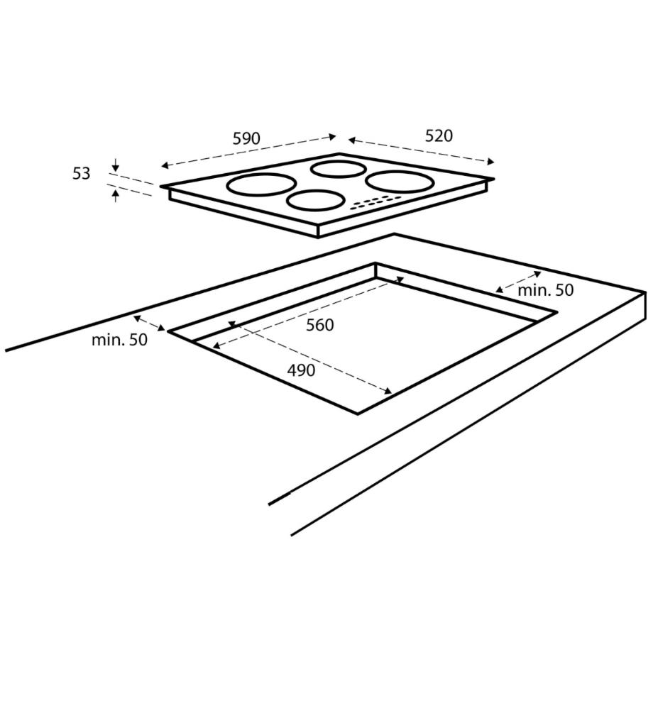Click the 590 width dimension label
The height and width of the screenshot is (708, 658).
click(246, 138)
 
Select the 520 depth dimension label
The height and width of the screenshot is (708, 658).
click(439, 135)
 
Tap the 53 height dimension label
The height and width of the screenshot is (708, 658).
click(82, 173)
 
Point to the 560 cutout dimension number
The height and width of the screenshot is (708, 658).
click(319, 325)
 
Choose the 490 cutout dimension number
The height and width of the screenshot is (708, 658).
click(301, 370)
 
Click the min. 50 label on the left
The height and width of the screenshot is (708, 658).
click(119, 340)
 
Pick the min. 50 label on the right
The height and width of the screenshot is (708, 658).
click(545, 290)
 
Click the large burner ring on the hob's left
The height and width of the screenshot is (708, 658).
click(261, 184)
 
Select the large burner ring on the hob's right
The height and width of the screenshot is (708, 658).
click(400, 181)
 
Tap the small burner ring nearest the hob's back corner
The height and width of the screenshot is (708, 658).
click(338, 169)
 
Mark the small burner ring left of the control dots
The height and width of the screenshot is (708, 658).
click(314, 201)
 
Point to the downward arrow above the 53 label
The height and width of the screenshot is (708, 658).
click(116, 165)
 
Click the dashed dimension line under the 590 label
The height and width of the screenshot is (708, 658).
click(248, 151)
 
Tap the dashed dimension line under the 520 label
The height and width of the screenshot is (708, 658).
click(421, 150)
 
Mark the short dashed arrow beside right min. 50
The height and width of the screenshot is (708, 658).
click(518, 282)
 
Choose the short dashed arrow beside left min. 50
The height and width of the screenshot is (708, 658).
click(149, 323)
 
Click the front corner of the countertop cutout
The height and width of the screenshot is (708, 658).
click(358, 413)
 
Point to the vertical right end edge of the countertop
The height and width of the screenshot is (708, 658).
click(645, 306)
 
